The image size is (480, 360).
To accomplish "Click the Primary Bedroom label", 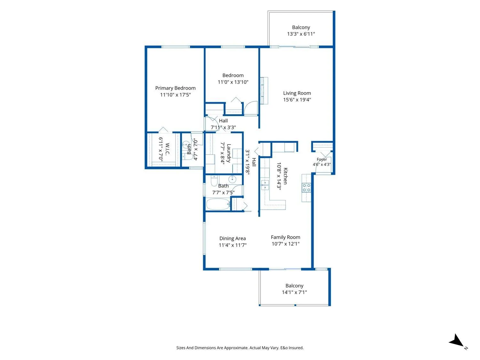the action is [x=175, y=88].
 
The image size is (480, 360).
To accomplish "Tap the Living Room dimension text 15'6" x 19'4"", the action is [x=297, y=100].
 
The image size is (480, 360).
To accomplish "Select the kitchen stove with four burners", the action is [x=306, y=188].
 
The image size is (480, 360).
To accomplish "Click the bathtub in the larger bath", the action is [x=218, y=204].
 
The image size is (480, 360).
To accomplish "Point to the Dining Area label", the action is [x=232, y=238].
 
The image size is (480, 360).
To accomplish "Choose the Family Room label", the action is [x=285, y=237].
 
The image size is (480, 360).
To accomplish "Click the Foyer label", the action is [x=322, y=160].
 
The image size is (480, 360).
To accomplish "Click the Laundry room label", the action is [x=229, y=153].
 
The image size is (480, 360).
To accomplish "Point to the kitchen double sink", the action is [x=265, y=185].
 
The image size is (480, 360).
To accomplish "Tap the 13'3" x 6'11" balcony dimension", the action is [x=301, y=34].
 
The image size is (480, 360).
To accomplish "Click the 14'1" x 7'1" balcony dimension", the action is [x=294, y=292].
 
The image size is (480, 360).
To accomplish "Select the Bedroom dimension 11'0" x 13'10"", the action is [x=233, y=82].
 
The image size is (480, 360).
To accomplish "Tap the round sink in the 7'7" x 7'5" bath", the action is [x=232, y=180].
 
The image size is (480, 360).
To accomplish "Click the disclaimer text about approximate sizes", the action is [x=240, y=348].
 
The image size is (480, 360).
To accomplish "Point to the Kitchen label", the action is [x=285, y=176].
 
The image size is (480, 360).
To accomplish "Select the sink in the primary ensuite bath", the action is [x=186, y=145].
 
